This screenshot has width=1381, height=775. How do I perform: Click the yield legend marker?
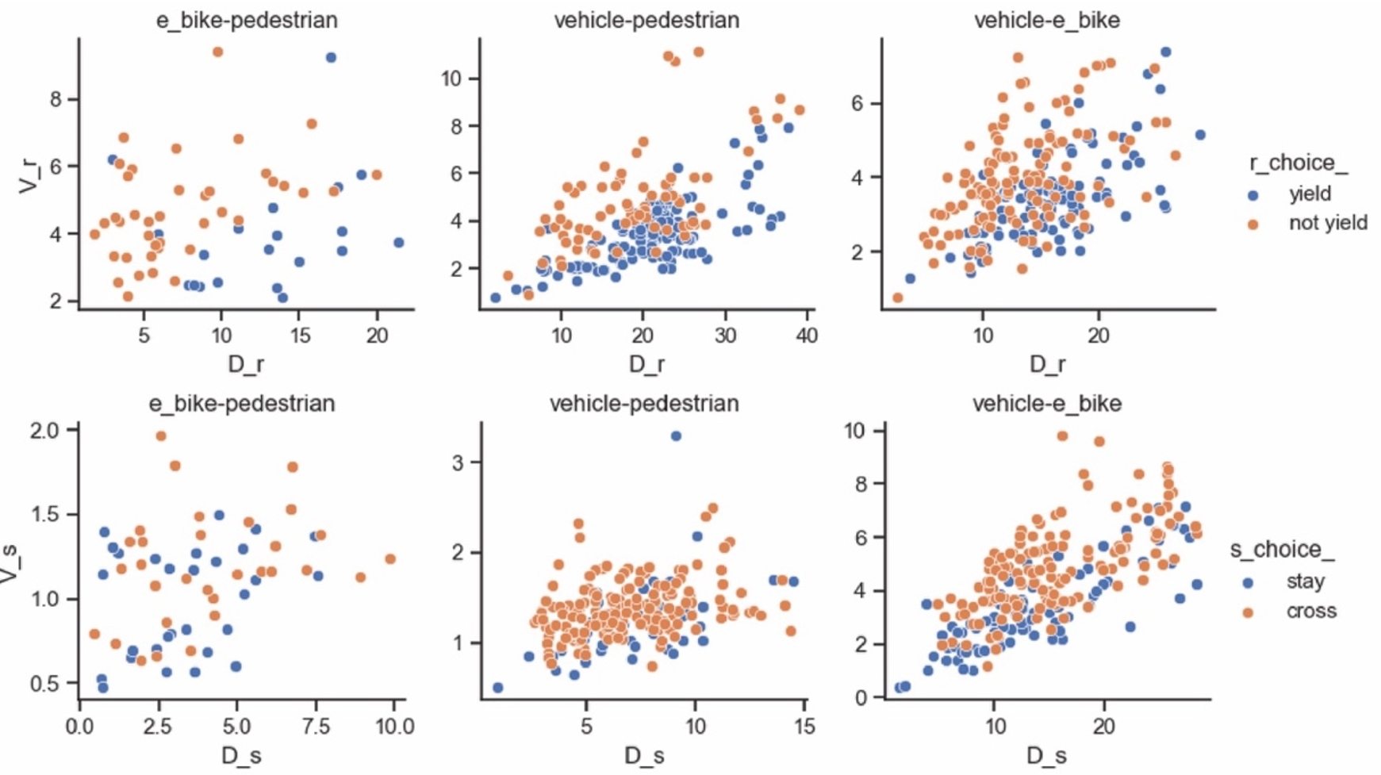(x=1253, y=194)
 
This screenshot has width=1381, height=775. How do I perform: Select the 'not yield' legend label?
(x=1328, y=223)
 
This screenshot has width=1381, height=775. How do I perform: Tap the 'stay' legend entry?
(x=1305, y=581)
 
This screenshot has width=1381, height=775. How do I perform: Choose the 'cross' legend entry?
(x=1311, y=611)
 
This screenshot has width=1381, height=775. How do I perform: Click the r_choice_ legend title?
(x=1298, y=163)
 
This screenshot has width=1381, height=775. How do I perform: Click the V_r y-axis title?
(x=29, y=174)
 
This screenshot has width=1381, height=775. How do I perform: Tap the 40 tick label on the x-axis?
(x=807, y=336)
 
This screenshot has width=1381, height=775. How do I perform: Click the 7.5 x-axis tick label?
(x=316, y=726)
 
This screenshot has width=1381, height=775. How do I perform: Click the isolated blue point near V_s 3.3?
(x=676, y=435)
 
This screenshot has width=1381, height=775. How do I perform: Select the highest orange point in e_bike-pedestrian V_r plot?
(x=217, y=52)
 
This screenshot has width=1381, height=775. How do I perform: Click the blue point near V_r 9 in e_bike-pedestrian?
(x=331, y=57)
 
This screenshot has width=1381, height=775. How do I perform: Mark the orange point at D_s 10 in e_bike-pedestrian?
(x=389, y=559)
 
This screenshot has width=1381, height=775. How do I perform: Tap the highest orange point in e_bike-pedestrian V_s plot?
(x=161, y=436)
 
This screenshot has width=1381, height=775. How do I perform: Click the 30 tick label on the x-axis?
(x=725, y=336)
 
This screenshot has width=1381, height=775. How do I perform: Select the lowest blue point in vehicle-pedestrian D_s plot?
(x=497, y=688)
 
